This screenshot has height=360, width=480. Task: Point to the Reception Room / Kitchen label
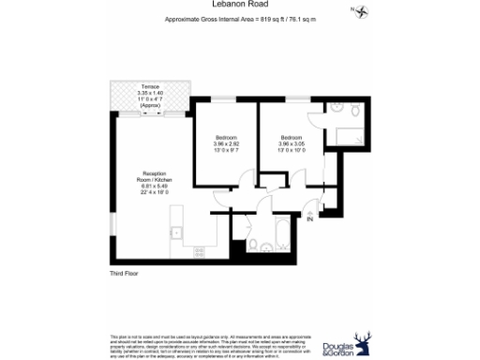pos(155,177)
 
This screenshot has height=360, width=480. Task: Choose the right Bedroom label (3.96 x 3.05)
pos(291,137)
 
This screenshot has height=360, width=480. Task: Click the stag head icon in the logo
pos(361,342)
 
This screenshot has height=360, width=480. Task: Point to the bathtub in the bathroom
pos(283,228)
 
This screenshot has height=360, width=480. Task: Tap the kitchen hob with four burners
pos(198,250)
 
